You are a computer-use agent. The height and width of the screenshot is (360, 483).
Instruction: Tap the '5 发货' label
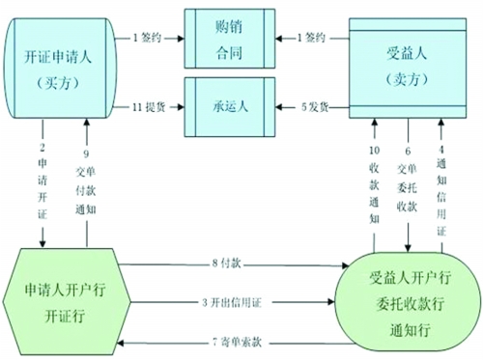312,106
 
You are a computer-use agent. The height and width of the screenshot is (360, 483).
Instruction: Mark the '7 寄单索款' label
227,342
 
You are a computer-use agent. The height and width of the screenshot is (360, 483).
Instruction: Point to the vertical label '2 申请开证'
43,183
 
